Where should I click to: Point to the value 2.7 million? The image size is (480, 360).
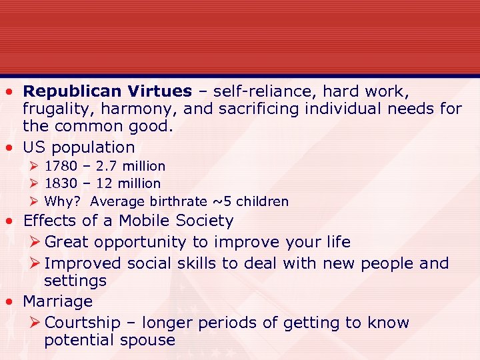[131, 165]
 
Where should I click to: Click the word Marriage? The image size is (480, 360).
[57, 301]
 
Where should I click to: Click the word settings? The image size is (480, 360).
[75, 281]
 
